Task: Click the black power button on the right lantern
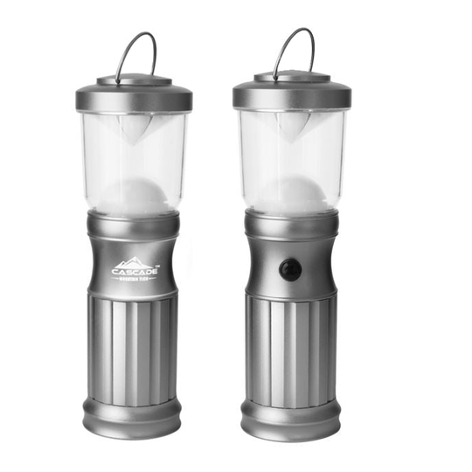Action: click(291, 269)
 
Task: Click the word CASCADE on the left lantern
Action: click(134, 272)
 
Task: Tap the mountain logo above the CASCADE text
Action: click(133, 261)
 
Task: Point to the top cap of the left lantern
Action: click(134, 94)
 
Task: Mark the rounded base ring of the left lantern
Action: click(133, 414)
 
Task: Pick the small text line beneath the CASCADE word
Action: click(134, 280)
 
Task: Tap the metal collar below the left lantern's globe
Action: click(134, 224)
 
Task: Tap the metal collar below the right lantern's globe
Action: click(292, 223)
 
